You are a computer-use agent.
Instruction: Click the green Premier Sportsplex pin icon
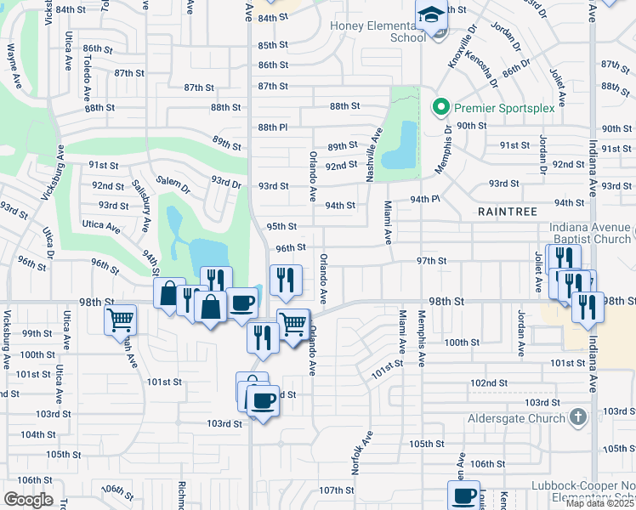click(440, 107)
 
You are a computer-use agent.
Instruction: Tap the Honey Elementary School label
click(378, 31)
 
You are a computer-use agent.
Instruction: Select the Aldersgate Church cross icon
click(578, 417)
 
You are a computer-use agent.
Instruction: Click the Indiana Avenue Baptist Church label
click(591, 234)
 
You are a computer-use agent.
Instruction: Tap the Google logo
click(28, 500)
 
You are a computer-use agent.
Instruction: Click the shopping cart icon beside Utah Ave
click(121, 320)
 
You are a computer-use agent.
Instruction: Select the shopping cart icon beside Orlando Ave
click(293, 324)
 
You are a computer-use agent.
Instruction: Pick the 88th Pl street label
click(273, 127)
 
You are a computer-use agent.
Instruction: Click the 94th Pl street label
click(425, 199)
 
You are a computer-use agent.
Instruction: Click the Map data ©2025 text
click(599, 503)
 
